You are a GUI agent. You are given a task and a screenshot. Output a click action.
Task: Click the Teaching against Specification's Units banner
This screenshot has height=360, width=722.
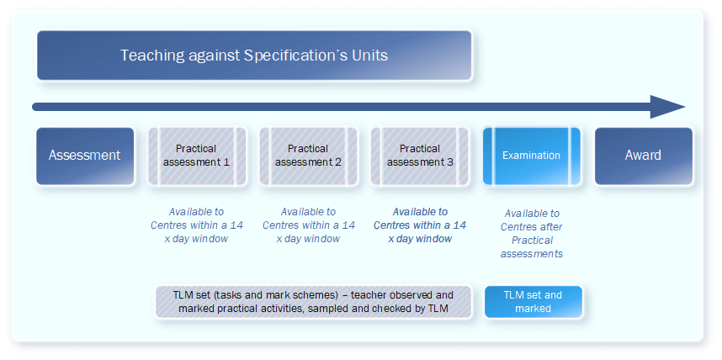click(x=254, y=56)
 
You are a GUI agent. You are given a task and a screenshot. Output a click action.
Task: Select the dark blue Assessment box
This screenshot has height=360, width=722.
click(x=85, y=156)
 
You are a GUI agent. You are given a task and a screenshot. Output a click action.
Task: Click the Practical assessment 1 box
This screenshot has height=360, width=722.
click(x=197, y=156)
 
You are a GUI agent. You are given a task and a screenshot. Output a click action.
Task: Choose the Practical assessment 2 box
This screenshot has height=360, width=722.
click(x=309, y=156)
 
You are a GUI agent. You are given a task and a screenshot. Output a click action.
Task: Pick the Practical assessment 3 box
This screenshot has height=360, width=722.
click(x=420, y=156)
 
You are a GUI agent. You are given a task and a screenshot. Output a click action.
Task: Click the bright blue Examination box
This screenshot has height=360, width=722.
click(x=531, y=156)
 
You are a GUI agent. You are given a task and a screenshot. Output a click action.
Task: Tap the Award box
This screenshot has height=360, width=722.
click(x=644, y=156)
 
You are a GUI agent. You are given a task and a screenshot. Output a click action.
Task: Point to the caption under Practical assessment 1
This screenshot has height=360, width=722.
click(x=197, y=225)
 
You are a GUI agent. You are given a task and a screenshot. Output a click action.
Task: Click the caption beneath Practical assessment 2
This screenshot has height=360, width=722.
click(x=309, y=225)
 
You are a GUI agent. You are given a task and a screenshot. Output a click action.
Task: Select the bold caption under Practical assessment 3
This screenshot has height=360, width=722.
click(x=420, y=225)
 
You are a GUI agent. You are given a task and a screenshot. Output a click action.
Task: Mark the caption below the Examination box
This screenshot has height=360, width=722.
click(x=532, y=233)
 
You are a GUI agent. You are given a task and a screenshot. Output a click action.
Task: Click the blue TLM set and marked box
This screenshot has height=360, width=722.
click(x=534, y=302)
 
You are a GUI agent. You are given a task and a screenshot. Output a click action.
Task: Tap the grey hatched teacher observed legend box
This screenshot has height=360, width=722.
click(x=314, y=302)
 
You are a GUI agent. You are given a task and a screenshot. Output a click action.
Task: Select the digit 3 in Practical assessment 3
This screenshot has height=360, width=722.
click(x=450, y=162)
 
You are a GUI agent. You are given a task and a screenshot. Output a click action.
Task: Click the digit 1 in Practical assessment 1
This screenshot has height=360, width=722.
click(x=226, y=162)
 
